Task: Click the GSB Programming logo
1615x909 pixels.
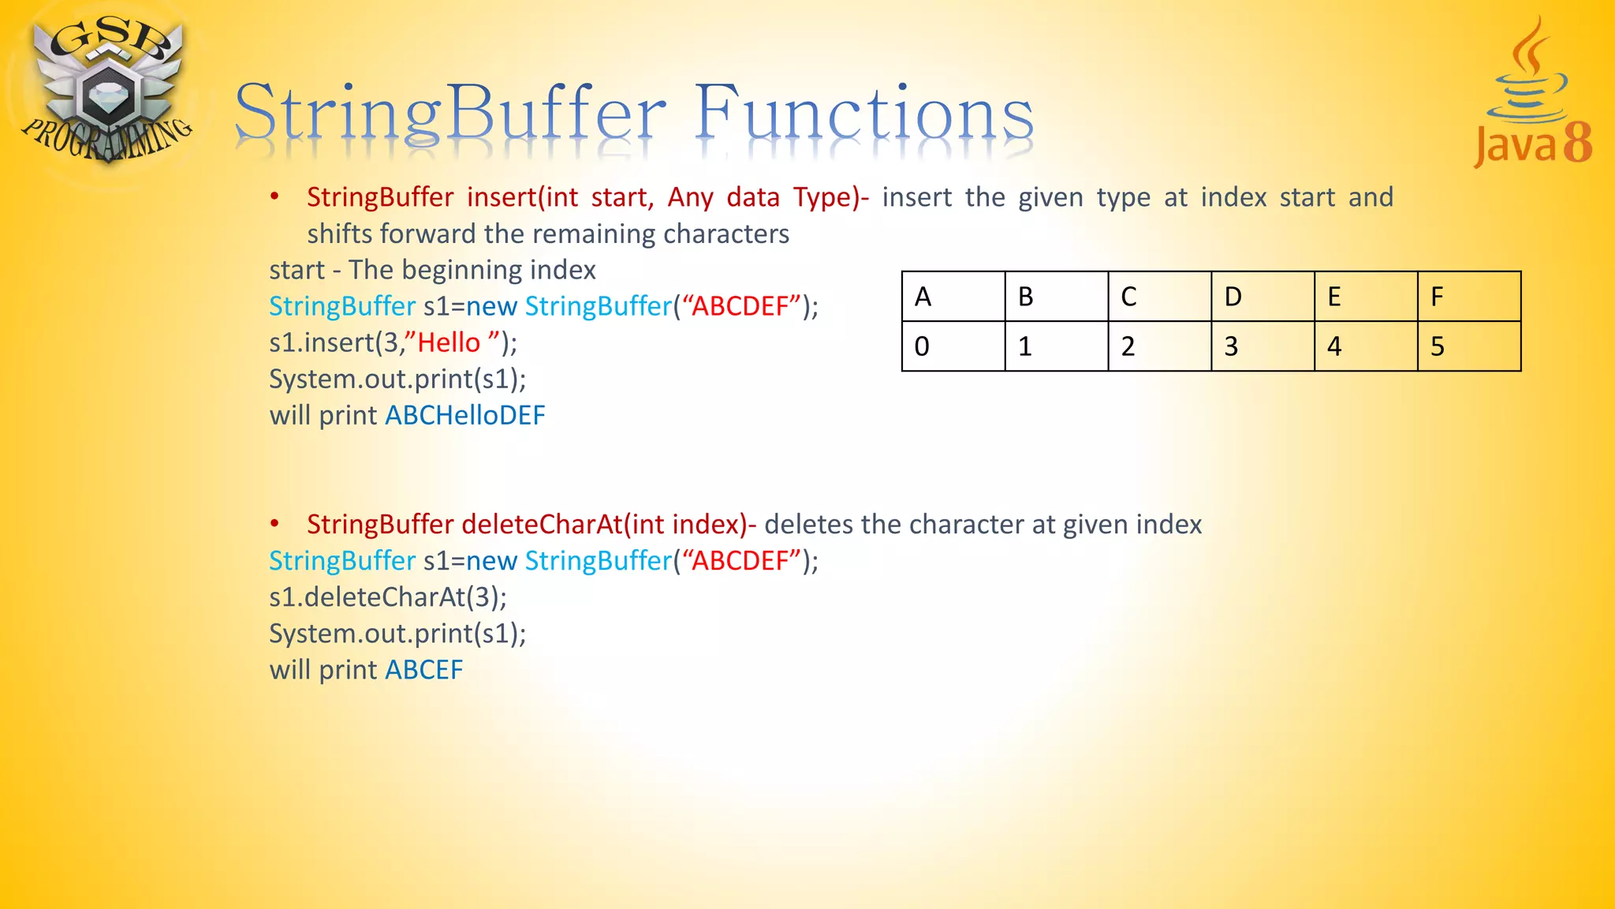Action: click(x=106, y=91)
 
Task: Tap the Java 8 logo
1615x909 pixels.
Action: click(x=1532, y=95)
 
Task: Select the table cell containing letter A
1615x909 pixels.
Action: click(x=953, y=297)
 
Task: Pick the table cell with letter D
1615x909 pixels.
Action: click(x=1263, y=297)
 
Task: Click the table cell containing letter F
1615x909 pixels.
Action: click(x=1468, y=297)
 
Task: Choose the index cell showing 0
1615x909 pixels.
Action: click(x=953, y=346)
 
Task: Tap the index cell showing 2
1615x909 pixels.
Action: click(x=1159, y=346)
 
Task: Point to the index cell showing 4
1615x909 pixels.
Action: click(x=1366, y=346)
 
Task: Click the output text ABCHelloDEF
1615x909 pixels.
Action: click(x=464, y=415)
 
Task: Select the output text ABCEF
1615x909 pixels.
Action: click(x=423, y=670)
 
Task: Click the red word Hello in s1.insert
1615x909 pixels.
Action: click(x=448, y=342)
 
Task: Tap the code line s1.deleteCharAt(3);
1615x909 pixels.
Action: click(x=388, y=597)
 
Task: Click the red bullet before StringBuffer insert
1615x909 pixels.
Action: click(x=274, y=196)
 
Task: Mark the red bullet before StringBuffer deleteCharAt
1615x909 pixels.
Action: click(x=274, y=523)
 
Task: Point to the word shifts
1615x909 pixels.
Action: click(x=339, y=234)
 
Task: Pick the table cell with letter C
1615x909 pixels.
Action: click(x=1159, y=297)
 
